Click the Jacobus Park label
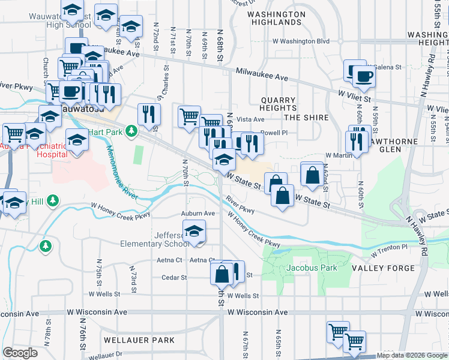click(312, 268)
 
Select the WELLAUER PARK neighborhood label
click(139, 340)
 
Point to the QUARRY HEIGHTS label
click(278, 104)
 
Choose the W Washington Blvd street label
click(301, 41)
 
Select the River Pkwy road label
click(241, 205)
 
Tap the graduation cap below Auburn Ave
click(194, 231)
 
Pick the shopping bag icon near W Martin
click(313, 175)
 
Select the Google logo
click(20, 353)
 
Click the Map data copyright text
click(411, 355)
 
